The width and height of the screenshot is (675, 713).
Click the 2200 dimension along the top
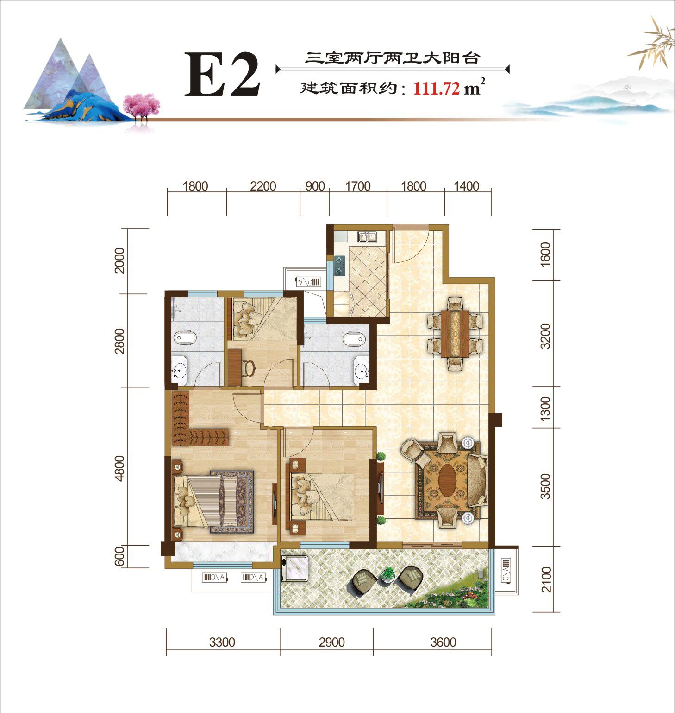pyautogui.click(x=262, y=186)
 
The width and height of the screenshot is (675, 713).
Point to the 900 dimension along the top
pyautogui.click(x=315, y=186)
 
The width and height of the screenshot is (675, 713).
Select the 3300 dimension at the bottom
pyautogui.click(x=222, y=643)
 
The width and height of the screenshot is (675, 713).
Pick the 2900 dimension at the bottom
pyautogui.click(x=332, y=643)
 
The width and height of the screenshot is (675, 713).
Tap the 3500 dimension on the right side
pyautogui.click(x=546, y=486)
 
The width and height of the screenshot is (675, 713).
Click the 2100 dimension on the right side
pyautogui.click(x=546, y=579)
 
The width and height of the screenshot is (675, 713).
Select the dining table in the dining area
pyautogui.click(x=454, y=333)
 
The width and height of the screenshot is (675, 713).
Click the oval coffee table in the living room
pyautogui.click(x=446, y=480)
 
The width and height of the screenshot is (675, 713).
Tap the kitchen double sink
pyautogui.click(x=368, y=237)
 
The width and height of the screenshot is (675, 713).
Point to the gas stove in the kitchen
pyautogui.click(x=340, y=265)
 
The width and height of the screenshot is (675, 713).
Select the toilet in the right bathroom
pyautogui.click(x=354, y=340)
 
